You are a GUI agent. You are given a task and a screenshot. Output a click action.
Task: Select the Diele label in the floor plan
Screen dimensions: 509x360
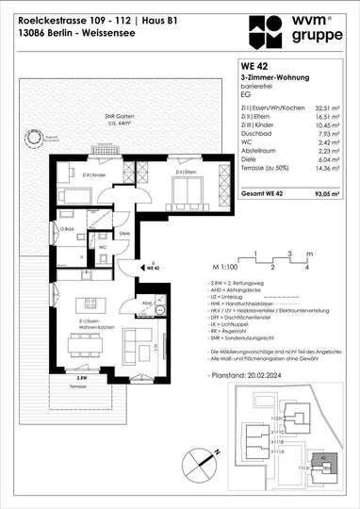(x=123, y=232)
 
